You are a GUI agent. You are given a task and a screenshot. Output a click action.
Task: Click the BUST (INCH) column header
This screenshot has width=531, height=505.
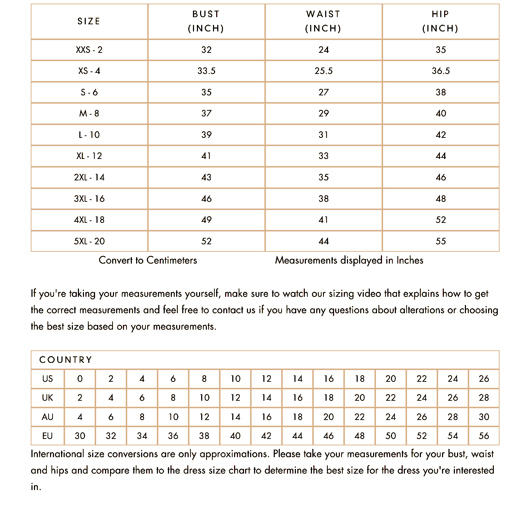206,21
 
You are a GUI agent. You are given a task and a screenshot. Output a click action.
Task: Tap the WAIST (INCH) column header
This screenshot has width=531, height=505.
323,21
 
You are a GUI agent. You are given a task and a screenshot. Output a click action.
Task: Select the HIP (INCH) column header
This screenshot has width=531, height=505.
441,21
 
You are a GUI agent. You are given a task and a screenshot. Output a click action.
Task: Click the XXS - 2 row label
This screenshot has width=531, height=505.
89,50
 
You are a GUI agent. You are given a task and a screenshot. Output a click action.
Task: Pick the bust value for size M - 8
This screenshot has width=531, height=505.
206,114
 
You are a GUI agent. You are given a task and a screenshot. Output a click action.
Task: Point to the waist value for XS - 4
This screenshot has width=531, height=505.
323,71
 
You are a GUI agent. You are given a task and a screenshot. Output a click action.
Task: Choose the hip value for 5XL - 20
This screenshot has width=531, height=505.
441,241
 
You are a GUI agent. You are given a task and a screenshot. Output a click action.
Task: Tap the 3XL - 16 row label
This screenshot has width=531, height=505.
89,199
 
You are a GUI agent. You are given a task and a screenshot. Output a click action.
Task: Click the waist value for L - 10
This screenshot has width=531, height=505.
323,135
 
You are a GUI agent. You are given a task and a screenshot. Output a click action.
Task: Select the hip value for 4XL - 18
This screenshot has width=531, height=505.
441,220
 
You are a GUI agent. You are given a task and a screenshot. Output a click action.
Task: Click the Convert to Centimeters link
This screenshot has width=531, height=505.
148,260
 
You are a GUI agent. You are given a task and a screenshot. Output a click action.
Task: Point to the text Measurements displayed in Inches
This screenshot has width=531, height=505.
349,260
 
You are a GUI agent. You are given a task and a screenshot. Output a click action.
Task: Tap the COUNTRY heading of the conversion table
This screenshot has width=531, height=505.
66,360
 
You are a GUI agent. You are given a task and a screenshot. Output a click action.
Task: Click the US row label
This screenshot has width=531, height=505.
48,379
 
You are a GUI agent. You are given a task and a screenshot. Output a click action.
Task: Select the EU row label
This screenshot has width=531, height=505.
48,436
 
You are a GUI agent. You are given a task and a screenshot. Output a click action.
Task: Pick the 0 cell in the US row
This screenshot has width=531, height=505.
80,379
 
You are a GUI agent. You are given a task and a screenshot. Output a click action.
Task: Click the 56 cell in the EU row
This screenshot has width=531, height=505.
484,436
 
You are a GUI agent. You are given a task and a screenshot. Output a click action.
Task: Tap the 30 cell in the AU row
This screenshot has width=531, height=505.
484,417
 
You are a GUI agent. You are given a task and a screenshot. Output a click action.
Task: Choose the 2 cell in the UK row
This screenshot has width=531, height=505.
80,398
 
